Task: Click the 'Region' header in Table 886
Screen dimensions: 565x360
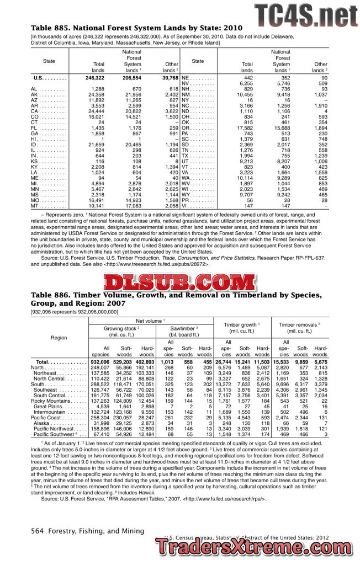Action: (x=59, y=337)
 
